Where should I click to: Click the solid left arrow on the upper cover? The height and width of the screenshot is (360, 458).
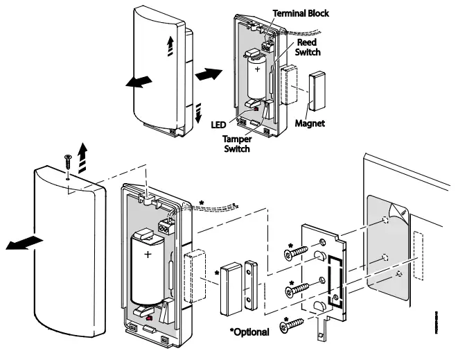(x=139, y=82)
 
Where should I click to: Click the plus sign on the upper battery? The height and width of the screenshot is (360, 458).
(x=257, y=70)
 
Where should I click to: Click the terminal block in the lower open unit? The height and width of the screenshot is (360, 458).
(x=166, y=227)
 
